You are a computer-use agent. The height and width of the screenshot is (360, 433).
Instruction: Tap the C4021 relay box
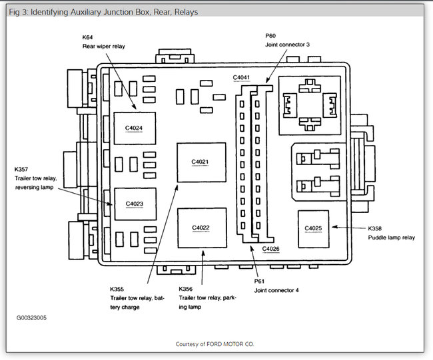tap(201, 162)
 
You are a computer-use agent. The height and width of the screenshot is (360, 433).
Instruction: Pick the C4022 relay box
tap(201, 228)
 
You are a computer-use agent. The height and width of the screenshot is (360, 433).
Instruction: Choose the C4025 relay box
tap(313, 229)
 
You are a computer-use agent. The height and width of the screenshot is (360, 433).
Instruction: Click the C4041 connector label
tap(242, 77)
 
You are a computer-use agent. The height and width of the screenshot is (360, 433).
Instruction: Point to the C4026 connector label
tap(271, 248)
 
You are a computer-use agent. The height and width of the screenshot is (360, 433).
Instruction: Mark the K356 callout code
tap(187, 289)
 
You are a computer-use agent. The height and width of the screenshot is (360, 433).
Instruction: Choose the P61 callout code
tap(260, 281)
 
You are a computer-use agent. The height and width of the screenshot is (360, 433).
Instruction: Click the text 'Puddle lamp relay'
tap(393, 237)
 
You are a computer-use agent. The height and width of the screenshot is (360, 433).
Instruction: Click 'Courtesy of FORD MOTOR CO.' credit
tap(215, 344)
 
